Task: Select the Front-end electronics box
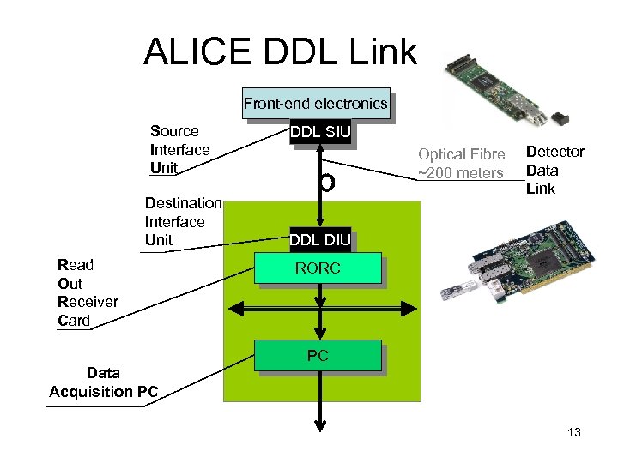315,104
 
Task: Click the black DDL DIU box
319,240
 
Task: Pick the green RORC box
318,269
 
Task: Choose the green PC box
318,356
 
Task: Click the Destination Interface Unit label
183,221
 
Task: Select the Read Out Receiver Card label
87,292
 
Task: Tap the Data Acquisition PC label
103,382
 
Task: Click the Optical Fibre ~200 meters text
460,164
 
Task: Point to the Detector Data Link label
554,170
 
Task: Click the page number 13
574,433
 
